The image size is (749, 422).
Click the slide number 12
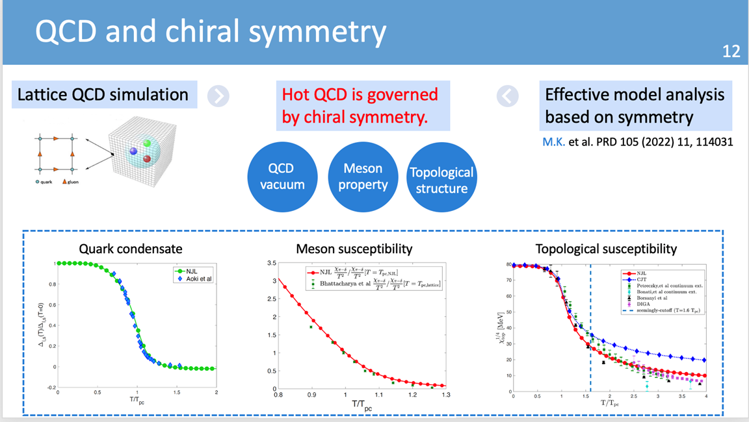731,51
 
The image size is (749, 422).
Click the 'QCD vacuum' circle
282,177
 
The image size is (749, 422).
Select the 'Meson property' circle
363,177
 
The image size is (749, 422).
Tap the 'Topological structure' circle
441,180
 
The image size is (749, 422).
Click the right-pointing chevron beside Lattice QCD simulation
218,96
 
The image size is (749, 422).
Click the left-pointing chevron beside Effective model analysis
507,96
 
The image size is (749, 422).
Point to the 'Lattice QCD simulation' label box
103,95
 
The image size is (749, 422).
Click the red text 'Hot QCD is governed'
360,95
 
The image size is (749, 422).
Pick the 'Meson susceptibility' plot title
354,249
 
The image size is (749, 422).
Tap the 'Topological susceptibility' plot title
606,249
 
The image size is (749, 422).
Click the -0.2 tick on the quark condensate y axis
49,388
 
